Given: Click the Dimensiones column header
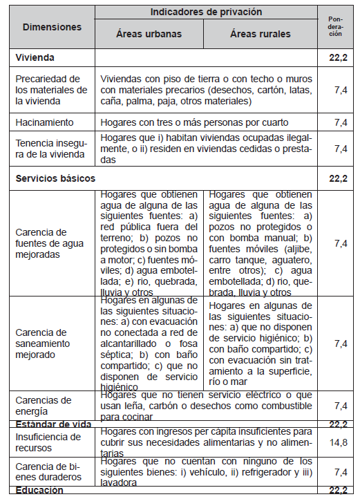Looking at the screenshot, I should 52,27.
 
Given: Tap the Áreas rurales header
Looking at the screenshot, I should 260,34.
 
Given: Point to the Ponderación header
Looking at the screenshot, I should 335,27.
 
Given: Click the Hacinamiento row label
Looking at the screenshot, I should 44,122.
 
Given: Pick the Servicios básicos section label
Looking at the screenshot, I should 55,178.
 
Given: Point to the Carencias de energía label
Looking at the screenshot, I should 44,404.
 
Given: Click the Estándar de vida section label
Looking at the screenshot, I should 53,424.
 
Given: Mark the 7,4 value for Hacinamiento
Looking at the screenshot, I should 340,122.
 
